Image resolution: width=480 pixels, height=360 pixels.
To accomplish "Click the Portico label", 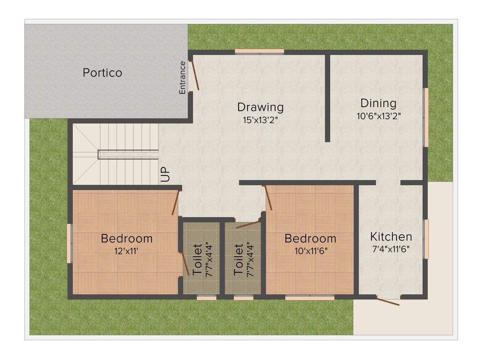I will coord(102,73).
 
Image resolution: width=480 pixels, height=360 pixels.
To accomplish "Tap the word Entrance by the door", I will coord(183,77).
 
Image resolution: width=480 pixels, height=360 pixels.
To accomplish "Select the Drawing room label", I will coord(260,107).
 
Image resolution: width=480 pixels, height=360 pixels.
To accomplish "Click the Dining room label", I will coord(378,103).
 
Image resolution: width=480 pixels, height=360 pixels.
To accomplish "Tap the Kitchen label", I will coord(391,237).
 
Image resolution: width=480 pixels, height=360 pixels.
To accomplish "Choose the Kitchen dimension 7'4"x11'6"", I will coord(391,249).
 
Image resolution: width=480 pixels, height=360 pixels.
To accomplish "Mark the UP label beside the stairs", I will coord(165,174).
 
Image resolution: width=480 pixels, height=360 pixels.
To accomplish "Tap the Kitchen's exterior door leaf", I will coord(388,301).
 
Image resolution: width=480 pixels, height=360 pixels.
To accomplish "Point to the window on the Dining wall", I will coord(426,117).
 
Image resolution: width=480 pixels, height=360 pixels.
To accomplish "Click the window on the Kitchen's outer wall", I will coord(426,239).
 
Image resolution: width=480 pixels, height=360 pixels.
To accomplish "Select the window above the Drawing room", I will coord(259,52).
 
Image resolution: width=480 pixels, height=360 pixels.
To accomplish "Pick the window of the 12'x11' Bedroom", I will coord(69,243).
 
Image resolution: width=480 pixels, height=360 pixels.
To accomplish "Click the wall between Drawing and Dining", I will coord(327,98).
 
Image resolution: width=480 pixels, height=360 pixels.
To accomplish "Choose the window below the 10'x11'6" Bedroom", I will coord(309,297).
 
